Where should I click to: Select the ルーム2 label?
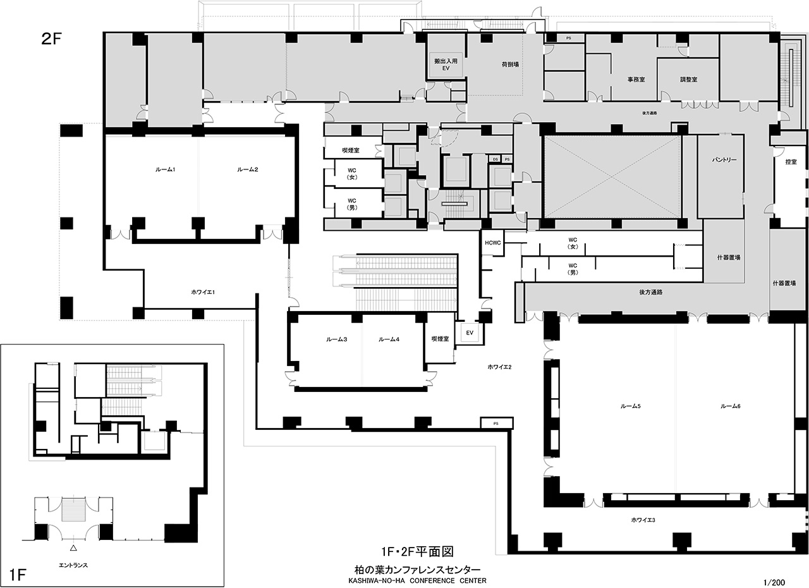247,170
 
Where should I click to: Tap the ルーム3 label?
336,340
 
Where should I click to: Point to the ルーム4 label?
389,340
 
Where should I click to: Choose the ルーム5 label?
631,405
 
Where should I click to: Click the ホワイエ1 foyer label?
204,291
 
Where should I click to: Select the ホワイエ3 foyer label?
643,520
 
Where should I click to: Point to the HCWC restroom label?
493,243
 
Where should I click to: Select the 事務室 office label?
636,80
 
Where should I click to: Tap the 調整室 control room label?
688,80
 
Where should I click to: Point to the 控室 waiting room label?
791,162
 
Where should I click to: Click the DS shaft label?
496,159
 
